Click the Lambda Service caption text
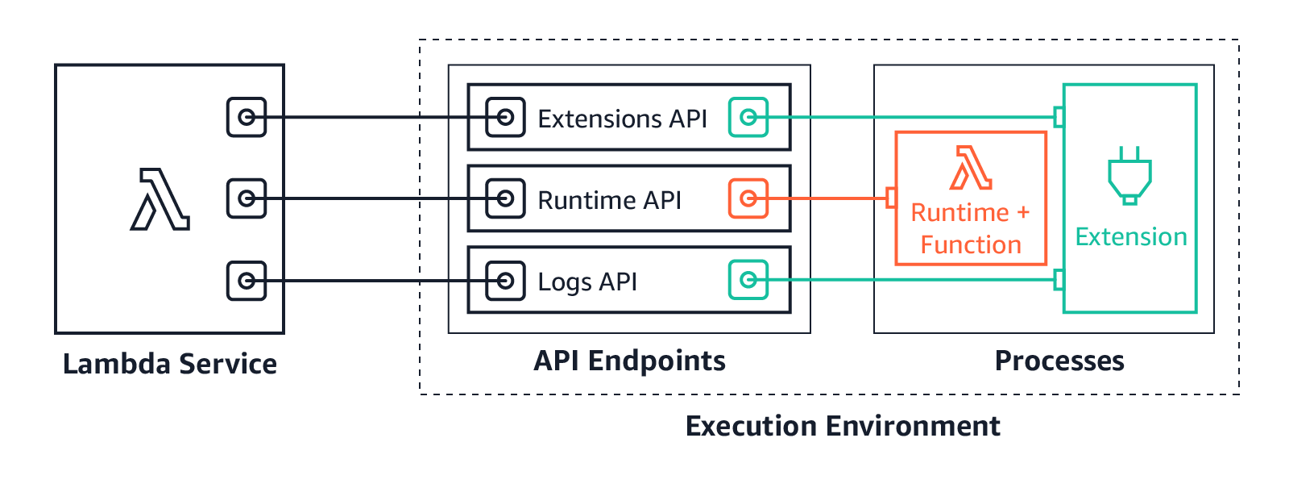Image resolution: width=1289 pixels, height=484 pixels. click(x=170, y=364)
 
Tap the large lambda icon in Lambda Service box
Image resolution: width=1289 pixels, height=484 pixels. click(x=160, y=199)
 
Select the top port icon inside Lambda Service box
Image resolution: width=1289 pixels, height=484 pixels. click(x=247, y=117)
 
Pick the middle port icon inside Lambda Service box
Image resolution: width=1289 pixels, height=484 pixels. click(x=247, y=198)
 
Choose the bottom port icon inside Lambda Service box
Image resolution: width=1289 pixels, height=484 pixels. click(x=247, y=281)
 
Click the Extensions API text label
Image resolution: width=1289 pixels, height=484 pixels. click(x=621, y=119)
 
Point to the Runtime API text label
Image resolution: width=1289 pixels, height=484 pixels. click(x=608, y=200)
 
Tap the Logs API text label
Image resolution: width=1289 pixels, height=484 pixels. click(x=586, y=282)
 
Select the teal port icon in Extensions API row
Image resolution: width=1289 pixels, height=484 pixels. click(x=748, y=118)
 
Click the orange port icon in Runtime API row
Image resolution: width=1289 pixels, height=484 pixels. click(x=748, y=198)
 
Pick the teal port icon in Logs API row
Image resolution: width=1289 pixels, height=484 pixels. click(x=748, y=280)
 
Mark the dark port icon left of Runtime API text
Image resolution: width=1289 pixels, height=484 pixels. click(x=505, y=198)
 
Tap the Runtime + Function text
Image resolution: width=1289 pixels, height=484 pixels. click(x=971, y=228)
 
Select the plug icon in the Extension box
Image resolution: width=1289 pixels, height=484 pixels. click(x=1129, y=176)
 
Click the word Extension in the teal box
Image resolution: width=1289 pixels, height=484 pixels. click(x=1131, y=237)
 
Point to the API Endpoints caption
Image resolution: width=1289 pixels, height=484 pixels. click(x=629, y=361)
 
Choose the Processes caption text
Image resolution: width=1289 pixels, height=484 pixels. click(x=1059, y=361)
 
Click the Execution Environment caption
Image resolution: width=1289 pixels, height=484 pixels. click(x=843, y=426)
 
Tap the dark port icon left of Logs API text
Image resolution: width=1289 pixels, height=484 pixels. click(x=505, y=281)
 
